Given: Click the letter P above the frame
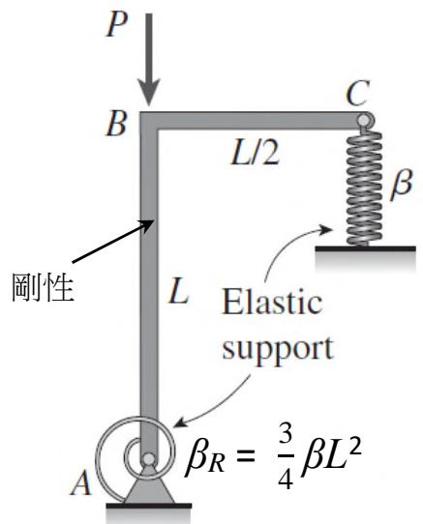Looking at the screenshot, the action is pos(117,25).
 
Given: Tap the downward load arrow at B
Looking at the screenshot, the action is pos(149,60).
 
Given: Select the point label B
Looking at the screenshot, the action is pos(116,124).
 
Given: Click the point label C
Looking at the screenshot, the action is pos(358,93).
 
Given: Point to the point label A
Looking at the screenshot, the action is pos(81,482).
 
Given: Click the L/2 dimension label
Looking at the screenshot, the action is pos(255,154).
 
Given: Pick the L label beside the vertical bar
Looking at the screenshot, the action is pos(179,291).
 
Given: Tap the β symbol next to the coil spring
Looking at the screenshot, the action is pos(401,185).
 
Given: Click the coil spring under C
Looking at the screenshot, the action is pos(364,188).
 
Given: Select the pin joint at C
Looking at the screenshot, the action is pos(363,120).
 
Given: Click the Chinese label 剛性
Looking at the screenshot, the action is pos(43,287).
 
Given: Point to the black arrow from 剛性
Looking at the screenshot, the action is pos(113,242).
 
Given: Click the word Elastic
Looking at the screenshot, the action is pos(272,304).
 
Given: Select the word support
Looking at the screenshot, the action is pos(278,350).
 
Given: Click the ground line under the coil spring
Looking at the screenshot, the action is pos(366,248).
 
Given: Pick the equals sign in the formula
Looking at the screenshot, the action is pos(244,455).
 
